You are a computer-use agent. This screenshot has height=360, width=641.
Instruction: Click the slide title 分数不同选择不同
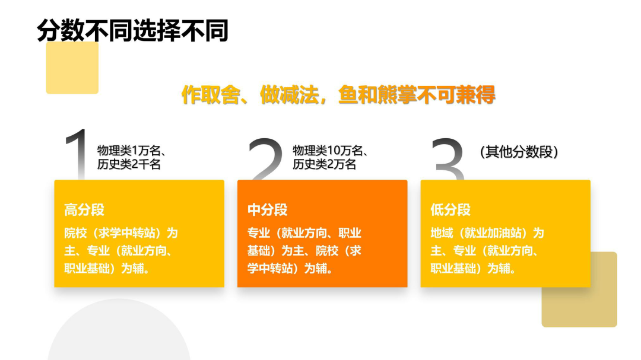click(132, 30)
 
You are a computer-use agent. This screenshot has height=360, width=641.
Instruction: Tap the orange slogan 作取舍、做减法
click(250, 95)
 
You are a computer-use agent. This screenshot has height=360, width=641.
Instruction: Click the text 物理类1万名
click(129, 151)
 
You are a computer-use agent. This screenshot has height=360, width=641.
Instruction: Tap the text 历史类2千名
click(129, 164)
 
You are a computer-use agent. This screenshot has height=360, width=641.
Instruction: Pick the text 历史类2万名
click(324, 164)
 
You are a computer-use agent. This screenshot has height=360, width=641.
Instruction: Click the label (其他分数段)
click(519, 152)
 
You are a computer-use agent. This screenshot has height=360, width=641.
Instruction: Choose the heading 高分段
click(84, 209)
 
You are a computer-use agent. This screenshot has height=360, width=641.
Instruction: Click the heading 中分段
click(267, 209)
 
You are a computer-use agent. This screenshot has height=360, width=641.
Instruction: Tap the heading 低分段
click(450, 209)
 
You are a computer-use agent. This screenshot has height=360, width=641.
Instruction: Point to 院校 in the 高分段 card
click(75, 233)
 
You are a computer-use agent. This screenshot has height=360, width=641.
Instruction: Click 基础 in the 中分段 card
click(259, 250)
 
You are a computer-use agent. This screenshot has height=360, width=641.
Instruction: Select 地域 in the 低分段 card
click(442, 233)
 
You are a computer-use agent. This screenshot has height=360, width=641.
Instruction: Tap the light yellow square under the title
click(72, 68)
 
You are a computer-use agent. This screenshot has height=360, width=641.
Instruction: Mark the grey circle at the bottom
click(119, 331)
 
